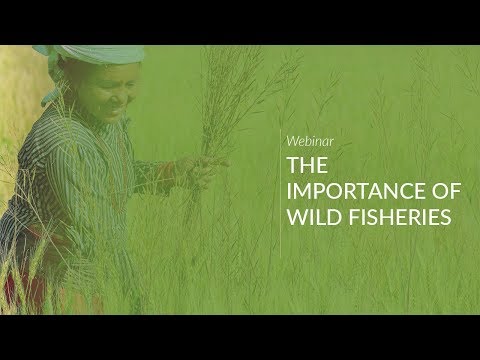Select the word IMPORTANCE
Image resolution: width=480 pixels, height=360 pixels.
point(346,189)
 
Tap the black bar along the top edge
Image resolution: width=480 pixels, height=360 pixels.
point(240,20)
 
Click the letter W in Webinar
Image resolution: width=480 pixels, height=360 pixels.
point(292,142)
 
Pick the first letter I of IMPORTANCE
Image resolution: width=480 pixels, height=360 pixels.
point(289,189)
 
